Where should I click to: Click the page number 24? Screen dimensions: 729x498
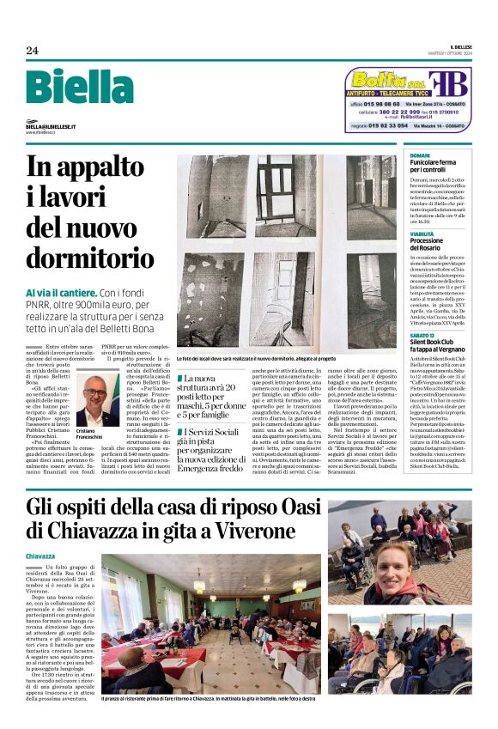(32, 51)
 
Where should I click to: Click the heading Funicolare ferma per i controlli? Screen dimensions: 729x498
(432, 166)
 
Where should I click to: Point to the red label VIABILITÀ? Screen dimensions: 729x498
(422, 233)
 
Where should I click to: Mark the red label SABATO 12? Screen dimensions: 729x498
(422, 333)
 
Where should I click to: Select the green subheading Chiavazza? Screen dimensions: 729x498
(43, 556)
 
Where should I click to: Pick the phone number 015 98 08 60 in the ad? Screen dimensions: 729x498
(385, 104)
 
